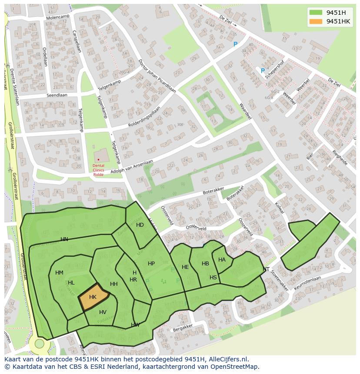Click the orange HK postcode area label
pyautogui.click(x=93, y=297)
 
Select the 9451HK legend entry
pyautogui.click(x=338, y=21)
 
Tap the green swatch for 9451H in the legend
pyautogui.click(x=316, y=13)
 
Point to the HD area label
pyautogui.click(x=140, y=225)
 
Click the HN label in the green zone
pyautogui.click(x=64, y=239)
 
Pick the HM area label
pyautogui.click(x=60, y=273)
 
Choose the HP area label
pyautogui.click(x=151, y=264)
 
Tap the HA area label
pyautogui.click(x=222, y=260)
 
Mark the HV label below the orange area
pyautogui.click(x=103, y=312)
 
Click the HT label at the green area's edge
pyautogui.click(x=266, y=269)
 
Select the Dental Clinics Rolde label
pyautogui.click(x=98, y=170)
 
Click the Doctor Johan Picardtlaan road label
pyautogui.click(x=157, y=76)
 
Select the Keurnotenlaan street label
pyautogui.click(x=307, y=283)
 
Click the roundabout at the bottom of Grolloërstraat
pyautogui.click(x=40, y=344)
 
